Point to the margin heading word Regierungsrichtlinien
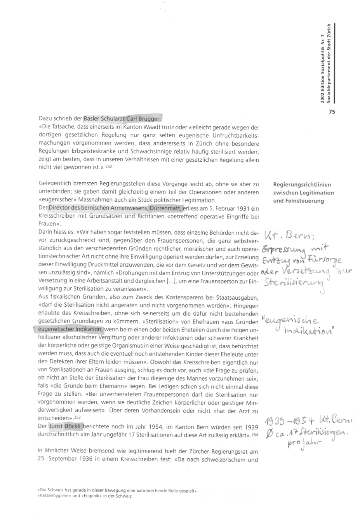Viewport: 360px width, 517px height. tap(302, 185)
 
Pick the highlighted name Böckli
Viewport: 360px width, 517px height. tap(74, 426)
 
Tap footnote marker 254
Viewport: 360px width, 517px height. tap(254, 434)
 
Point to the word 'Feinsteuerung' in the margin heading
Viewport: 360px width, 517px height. tap(298, 201)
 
